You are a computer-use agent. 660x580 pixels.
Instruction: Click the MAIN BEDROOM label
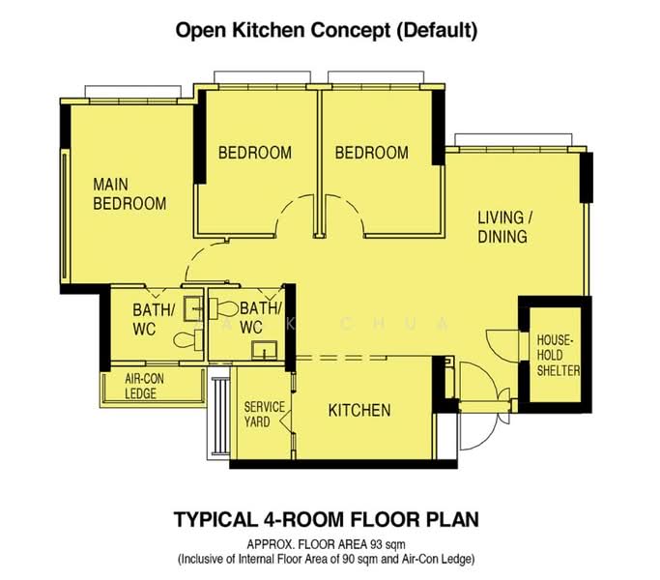pos(129,194)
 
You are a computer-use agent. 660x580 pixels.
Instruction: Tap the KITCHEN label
pos(359,410)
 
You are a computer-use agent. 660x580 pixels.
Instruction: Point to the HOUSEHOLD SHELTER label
pos(558,355)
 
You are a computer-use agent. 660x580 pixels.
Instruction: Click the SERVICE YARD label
pos(265,415)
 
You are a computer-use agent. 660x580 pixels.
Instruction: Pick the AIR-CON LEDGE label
pos(144,386)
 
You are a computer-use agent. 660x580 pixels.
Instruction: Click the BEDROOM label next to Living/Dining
pos(372,153)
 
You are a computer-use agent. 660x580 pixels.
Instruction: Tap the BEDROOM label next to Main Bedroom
pos(255,153)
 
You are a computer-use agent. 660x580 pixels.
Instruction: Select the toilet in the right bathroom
pos(224,308)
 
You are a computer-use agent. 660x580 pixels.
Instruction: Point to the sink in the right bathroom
pos(265,351)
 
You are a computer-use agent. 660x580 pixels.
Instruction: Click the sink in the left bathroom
pos(193,309)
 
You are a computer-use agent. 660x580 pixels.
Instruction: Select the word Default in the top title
pos(437,30)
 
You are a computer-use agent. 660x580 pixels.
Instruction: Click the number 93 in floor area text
pos(376,544)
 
